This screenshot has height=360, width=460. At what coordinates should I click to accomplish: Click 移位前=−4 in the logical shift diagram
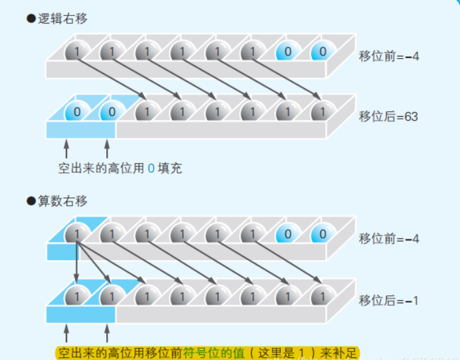click(389, 57)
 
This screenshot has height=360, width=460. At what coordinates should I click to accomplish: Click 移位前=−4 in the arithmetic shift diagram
click(389, 239)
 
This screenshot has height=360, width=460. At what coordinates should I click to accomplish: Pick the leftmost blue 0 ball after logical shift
click(77, 112)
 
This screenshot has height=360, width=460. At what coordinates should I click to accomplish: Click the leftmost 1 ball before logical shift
click(77, 52)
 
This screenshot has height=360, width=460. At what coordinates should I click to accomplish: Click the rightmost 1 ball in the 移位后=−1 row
click(319, 295)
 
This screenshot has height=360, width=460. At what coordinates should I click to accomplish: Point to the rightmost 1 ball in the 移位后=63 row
click(319, 112)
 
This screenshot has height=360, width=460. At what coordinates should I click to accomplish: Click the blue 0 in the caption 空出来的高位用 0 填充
click(151, 168)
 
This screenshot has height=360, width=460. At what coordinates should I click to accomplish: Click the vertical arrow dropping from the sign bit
click(77, 264)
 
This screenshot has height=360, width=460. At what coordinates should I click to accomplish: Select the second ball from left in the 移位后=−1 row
click(111, 295)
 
